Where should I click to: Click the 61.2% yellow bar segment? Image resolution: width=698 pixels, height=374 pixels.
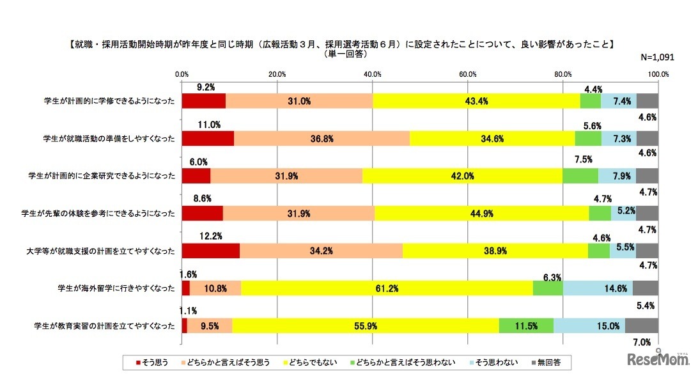pyautogui.click(x=387, y=288)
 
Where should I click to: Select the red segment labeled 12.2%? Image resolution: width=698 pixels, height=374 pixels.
pyautogui.click(x=211, y=251)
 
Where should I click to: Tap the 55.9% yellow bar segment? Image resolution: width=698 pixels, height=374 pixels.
pyautogui.click(x=366, y=326)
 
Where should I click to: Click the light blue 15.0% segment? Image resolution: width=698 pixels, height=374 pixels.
pyautogui.click(x=589, y=326)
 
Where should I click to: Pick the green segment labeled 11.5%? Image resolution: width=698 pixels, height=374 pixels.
pyautogui.click(x=525, y=326)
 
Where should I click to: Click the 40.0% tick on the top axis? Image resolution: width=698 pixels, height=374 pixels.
pyautogui.click(x=373, y=75)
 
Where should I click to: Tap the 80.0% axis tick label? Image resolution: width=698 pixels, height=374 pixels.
pyautogui.click(x=563, y=75)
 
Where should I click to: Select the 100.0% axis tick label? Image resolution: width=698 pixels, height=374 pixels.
pyautogui.click(x=658, y=75)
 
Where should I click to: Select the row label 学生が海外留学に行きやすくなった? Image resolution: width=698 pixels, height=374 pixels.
pyautogui.click(x=116, y=288)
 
